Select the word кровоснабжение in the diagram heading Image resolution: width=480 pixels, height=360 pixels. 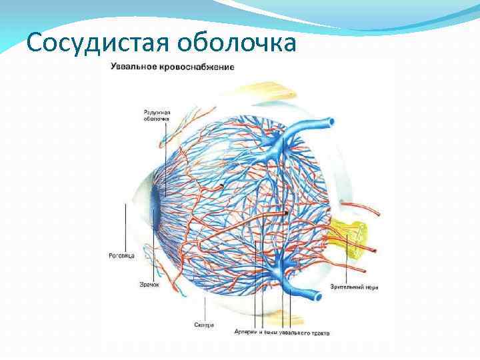[x=197, y=67]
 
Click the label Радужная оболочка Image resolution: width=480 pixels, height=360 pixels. [x=157, y=115]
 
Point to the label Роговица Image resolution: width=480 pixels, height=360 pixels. [x=122, y=255]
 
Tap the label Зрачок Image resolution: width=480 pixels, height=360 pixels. [x=149, y=284]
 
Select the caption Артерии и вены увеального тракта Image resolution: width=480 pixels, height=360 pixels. [x=283, y=331]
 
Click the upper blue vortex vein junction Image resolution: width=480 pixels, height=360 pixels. [x=275, y=143]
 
